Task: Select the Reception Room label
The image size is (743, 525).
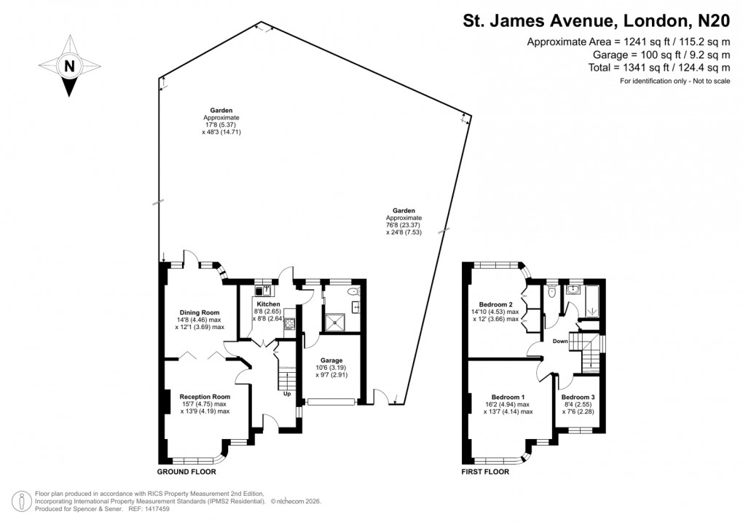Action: pyautogui.click(x=205, y=397)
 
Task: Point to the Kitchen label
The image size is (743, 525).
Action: pyautogui.click(x=268, y=303)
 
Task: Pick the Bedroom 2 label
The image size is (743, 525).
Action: pyautogui.click(x=497, y=304)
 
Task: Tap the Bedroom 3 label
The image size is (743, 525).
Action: pyautogui.click(x=578, y=397)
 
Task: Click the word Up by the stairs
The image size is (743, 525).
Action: pyautogui.click(x=288, y=395)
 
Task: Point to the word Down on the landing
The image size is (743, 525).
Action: pyautogui.click(x=561, y=340)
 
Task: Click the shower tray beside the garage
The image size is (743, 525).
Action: pyautogui.click(x=335, y=320)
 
